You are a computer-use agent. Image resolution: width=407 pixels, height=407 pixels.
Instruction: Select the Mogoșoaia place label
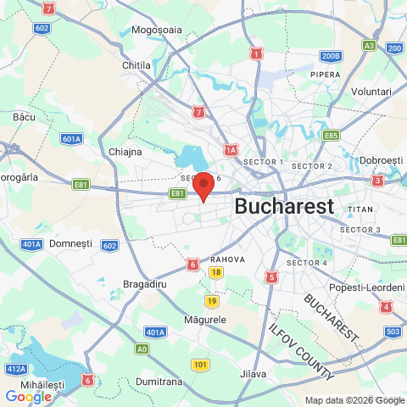pyautogui.click(x=158, y=30)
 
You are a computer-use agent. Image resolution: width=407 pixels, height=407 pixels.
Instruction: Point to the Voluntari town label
pyautogui.click(x=371, y=91)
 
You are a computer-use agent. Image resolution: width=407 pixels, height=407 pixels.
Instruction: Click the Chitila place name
pyautogui.click(x=136, y=64)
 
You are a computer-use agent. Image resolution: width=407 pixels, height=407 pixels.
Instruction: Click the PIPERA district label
pyautogui.click(x=325, y=75)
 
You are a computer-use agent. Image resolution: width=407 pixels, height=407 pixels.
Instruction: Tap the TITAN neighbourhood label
pyautogui.click(x=360, y=209)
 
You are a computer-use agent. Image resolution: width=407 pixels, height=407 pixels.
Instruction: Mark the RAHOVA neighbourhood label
pyautogui.click(x=227, y=259)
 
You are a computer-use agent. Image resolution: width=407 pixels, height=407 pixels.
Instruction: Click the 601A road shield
pyautogui.click(x=72, y=138)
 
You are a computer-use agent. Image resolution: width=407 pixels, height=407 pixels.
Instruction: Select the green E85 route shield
pyautogui.click(x=331, y=135)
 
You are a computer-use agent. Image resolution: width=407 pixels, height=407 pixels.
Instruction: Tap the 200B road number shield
pyautogui.click(x=331, y=56)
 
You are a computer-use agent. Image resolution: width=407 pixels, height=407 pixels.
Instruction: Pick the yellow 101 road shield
pyautogui.click(x=200, y=365)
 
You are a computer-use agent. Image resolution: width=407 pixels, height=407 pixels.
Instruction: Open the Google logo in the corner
pyautogui.click(x=28, y=396)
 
